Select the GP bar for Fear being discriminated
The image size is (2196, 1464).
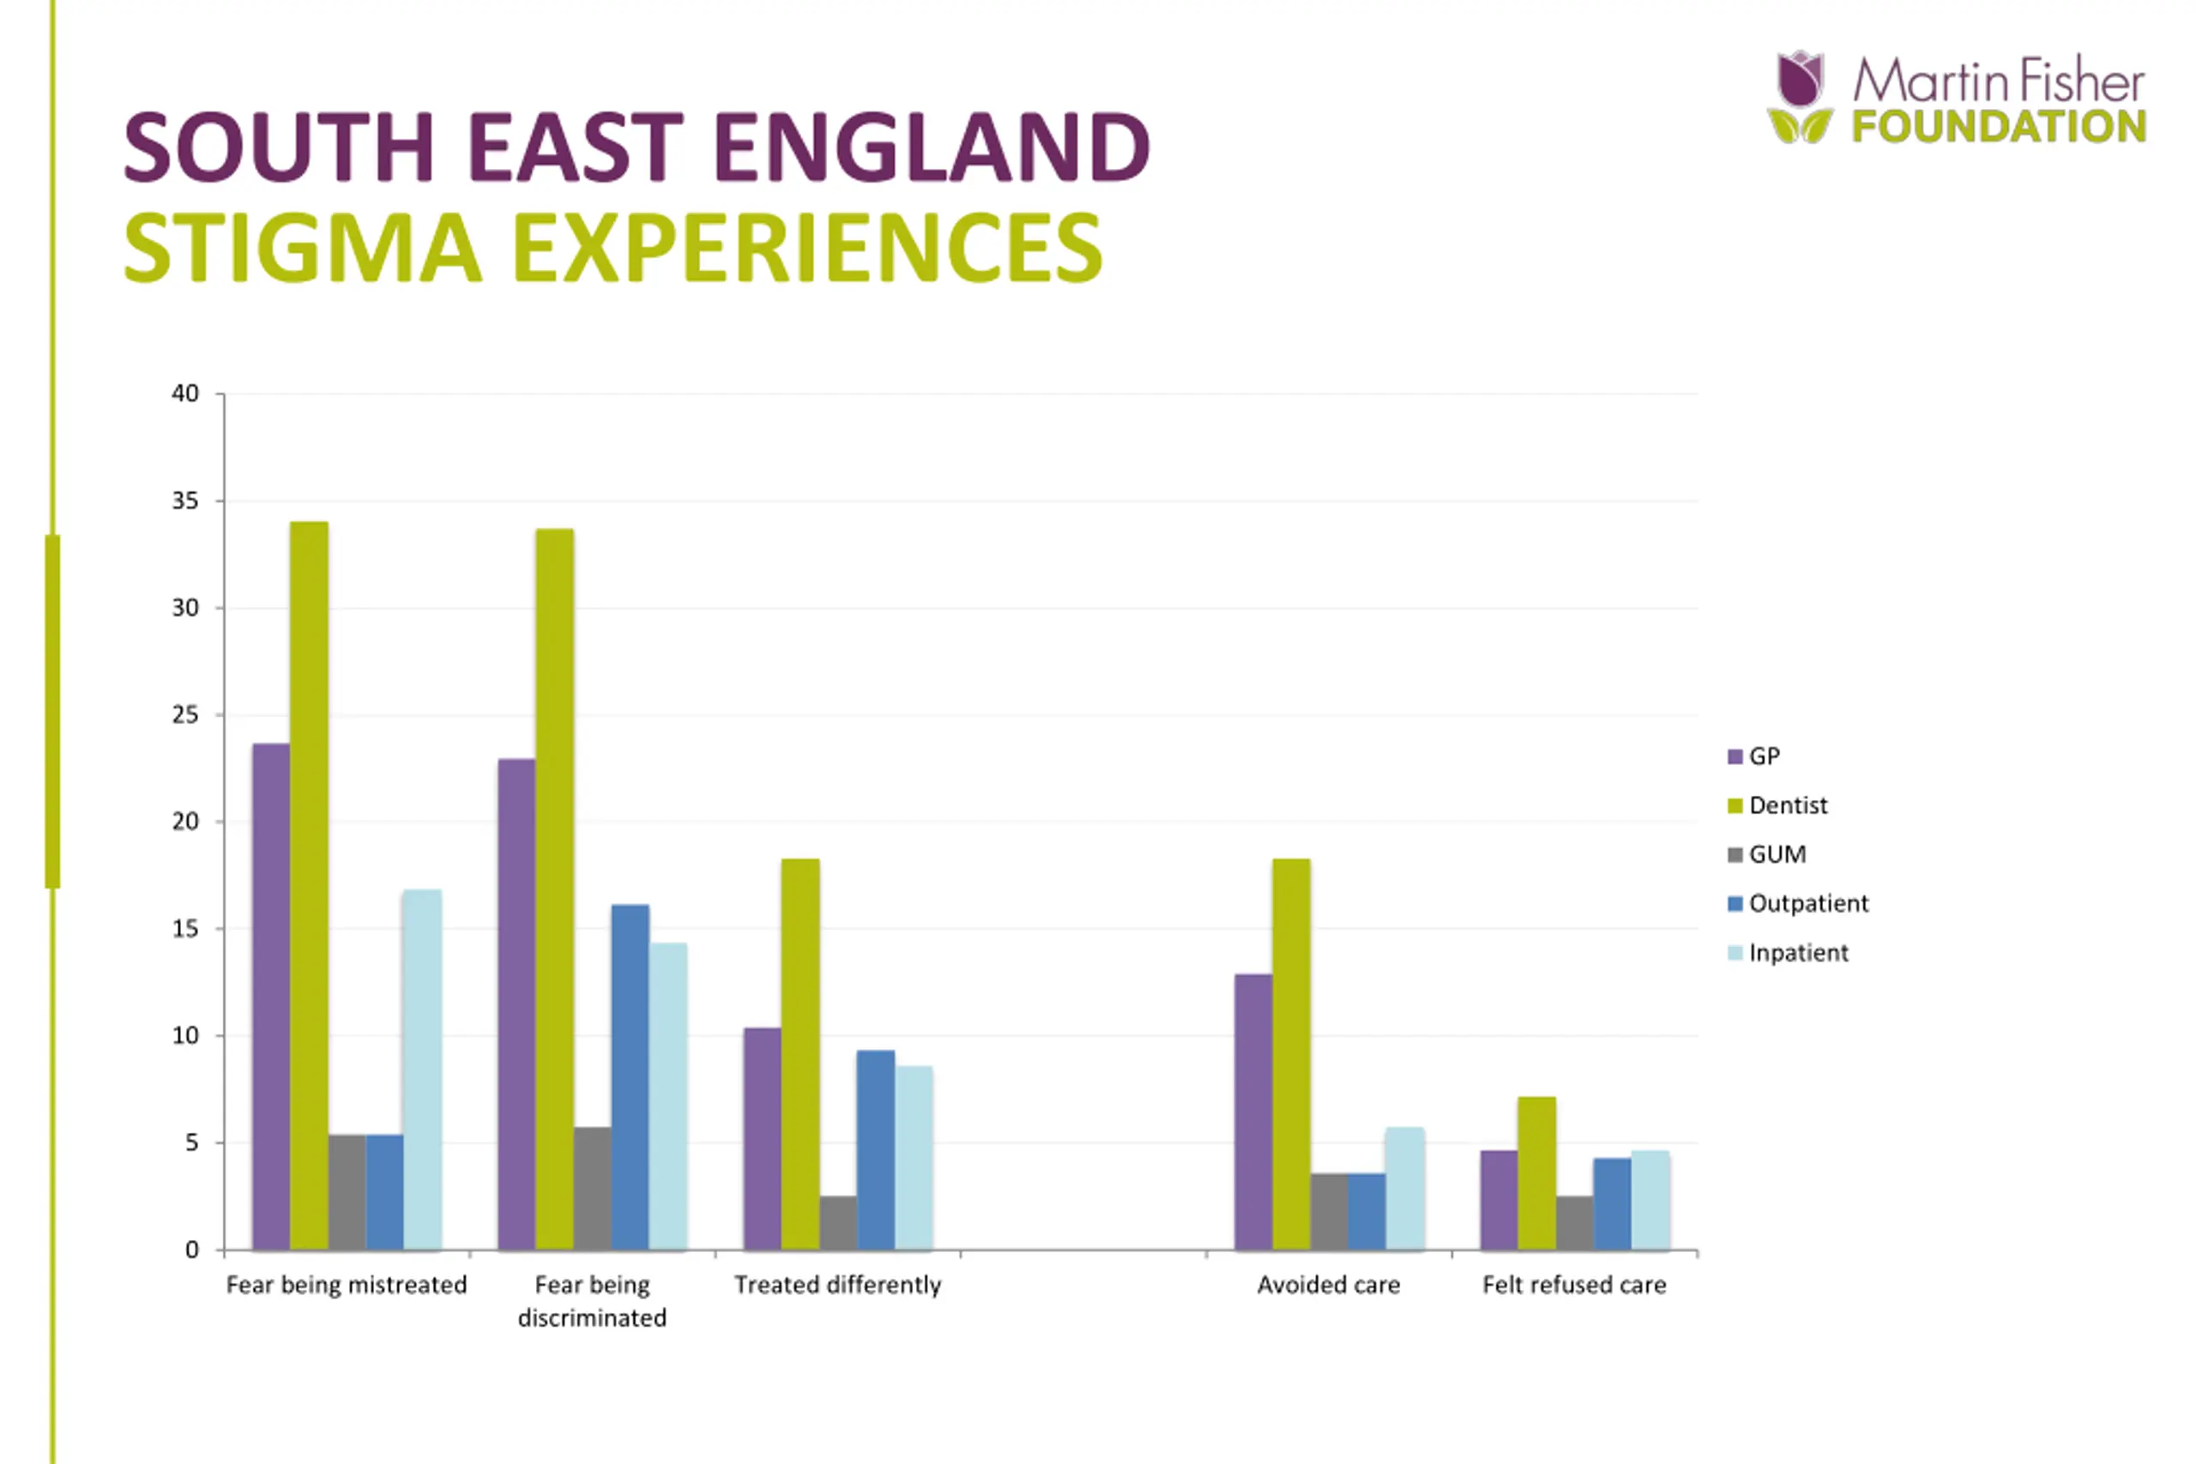coord(516,1003)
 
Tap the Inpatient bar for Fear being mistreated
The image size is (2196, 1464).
coord(422,1069)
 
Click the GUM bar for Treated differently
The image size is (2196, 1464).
coord(838,1222)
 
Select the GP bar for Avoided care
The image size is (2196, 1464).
coord(1253,1111)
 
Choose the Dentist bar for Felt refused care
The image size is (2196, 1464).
coord(1537,1172)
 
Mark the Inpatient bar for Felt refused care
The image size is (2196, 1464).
coord(1650,1200)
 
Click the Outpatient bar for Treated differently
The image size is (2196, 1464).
coord(876,1149)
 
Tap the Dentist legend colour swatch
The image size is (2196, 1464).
coord(1734,806)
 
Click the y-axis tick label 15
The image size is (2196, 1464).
coord(186,929)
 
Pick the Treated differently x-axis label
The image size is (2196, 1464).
coord(837,1285)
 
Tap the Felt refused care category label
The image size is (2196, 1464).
coord(1574,1285)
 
